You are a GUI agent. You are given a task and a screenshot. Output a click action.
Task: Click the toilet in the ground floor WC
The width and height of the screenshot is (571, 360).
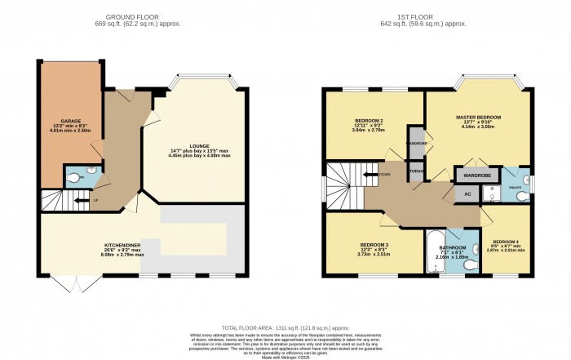[x=77, y=177]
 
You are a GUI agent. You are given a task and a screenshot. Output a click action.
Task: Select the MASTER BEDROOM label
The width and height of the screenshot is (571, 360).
[x=478, y=118]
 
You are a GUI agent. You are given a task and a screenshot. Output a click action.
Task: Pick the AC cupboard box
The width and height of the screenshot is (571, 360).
[x=467, y=193]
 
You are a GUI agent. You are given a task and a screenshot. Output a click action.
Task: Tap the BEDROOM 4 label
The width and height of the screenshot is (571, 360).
[x=507, y=242]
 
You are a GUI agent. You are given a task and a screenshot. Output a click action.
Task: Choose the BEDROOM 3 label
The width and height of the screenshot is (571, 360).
[x=376, y=245]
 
